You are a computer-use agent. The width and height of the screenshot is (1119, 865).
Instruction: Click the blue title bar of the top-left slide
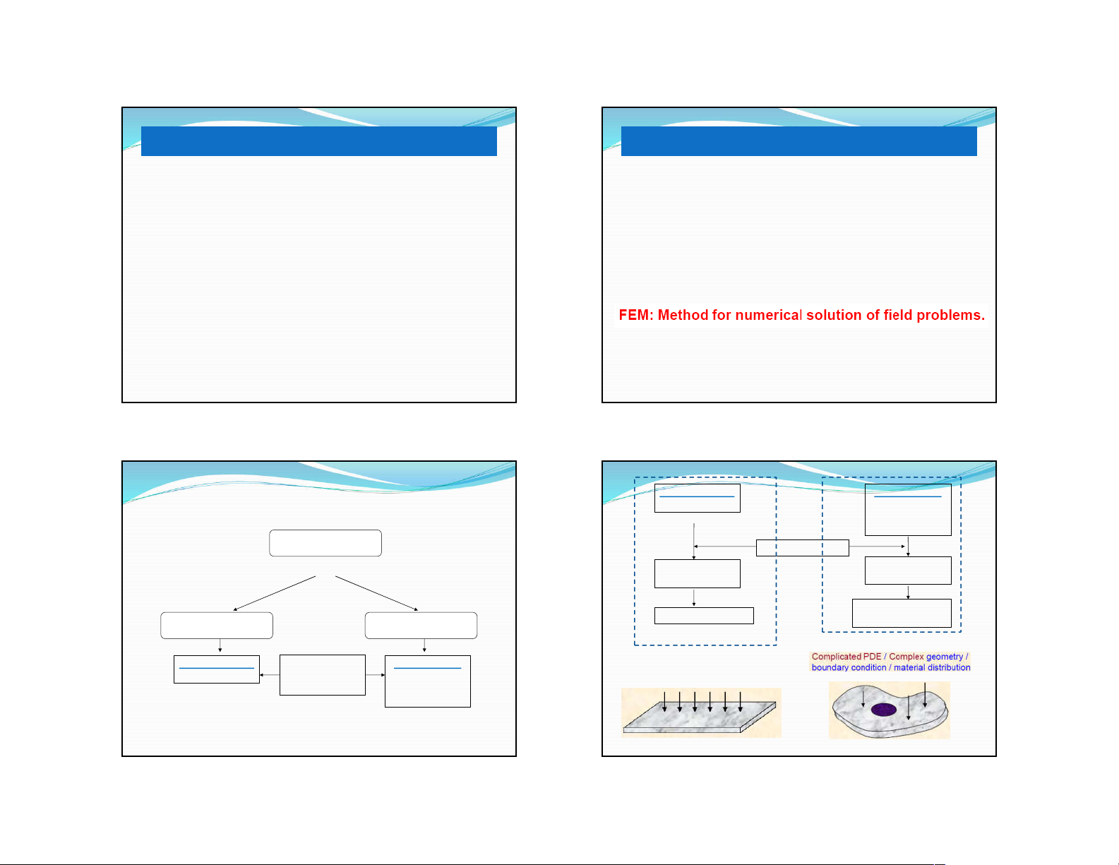point(319,141)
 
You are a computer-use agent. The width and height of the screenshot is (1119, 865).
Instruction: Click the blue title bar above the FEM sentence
point(798,141)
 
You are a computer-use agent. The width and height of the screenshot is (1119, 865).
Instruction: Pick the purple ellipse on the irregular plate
point(884,710)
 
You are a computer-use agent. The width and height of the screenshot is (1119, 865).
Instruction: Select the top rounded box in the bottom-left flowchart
point(325,543)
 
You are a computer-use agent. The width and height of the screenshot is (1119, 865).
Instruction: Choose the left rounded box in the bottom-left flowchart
point(217,626)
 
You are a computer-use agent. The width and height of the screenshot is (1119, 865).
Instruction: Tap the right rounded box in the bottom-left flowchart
point(421,626)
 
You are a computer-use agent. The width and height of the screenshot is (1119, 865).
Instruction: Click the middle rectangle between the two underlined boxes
point(323,675)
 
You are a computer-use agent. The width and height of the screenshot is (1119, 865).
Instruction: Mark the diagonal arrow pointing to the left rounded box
point(275,593)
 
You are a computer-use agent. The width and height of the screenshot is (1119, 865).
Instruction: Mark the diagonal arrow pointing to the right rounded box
point(376,593)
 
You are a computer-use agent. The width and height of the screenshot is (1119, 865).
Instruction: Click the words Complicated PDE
point(846,657)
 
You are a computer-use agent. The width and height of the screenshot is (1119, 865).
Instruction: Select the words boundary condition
point(849,668)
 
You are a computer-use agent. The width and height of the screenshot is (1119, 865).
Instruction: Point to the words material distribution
point(932,668)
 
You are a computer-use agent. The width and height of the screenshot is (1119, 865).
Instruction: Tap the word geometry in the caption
point(945,657)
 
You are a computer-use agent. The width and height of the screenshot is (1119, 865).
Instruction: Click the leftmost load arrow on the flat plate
point(664,702)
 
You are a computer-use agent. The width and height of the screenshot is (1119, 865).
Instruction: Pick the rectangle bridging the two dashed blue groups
point(802,548)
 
